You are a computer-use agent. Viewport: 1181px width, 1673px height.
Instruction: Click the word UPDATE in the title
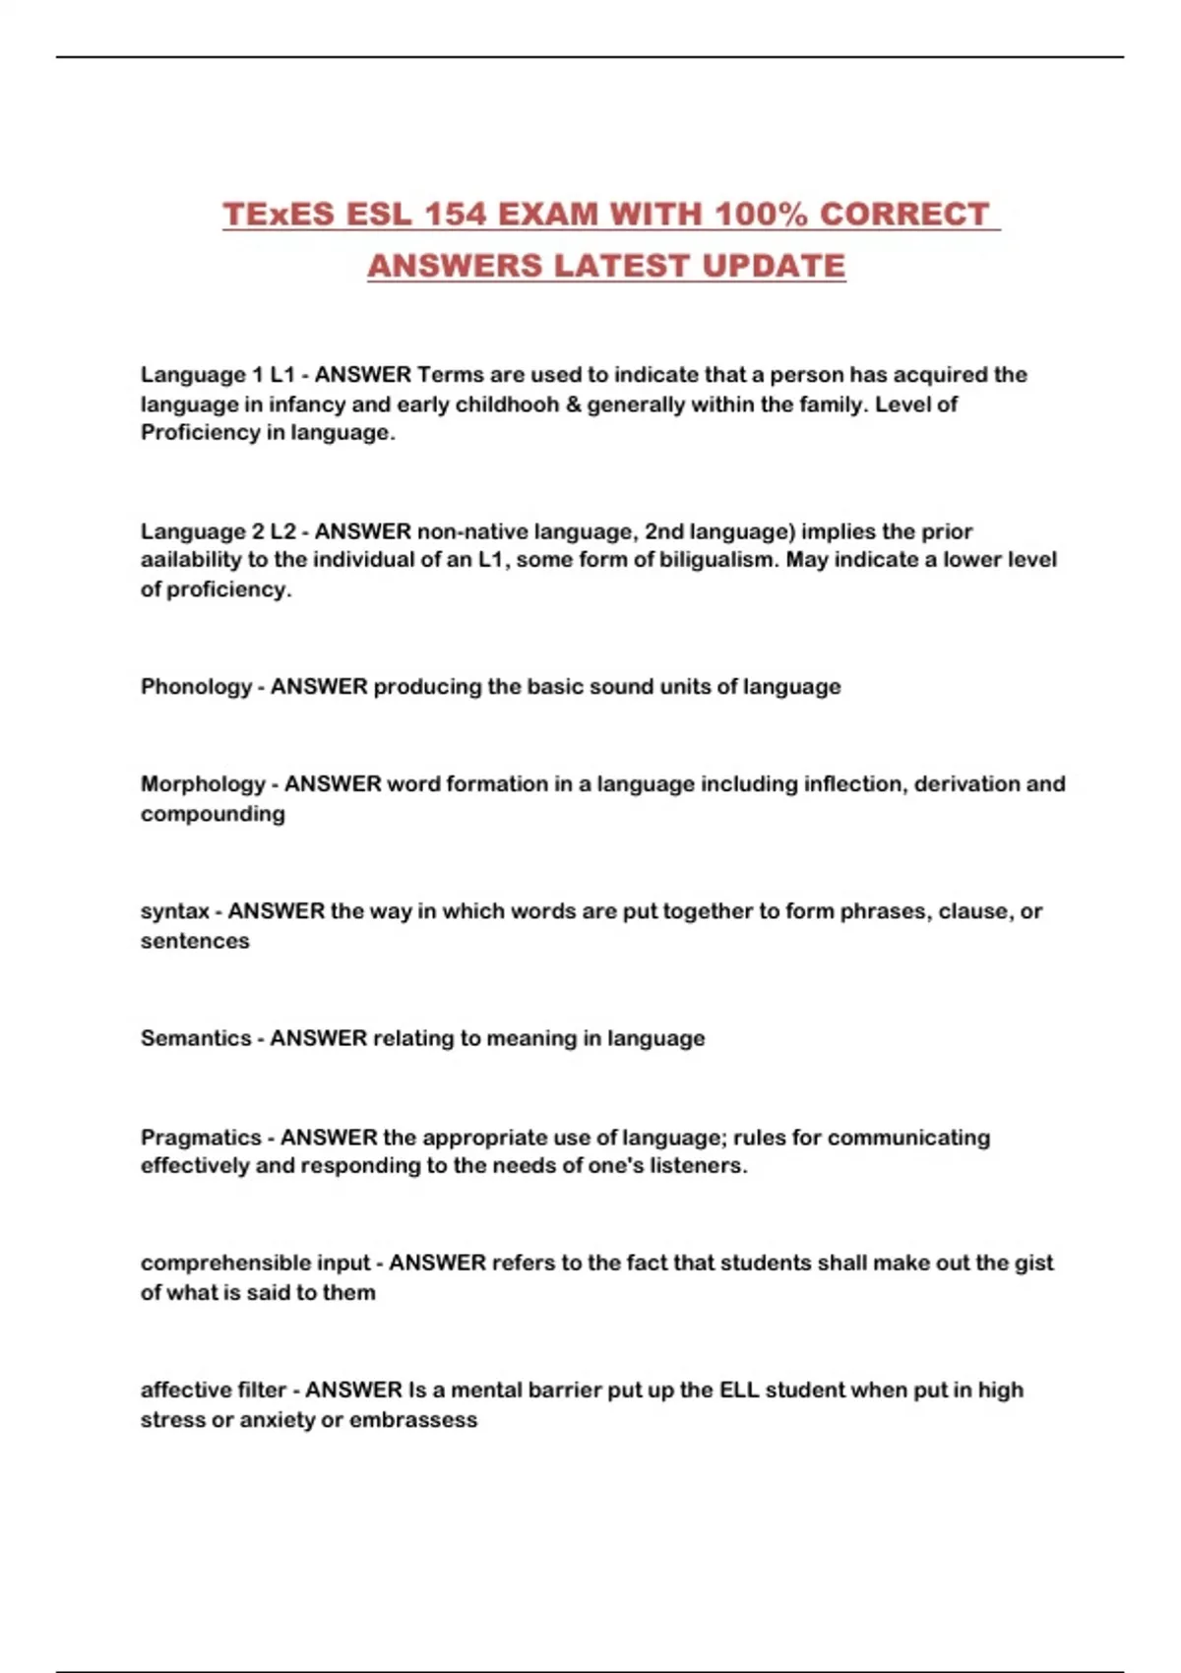[774, 266]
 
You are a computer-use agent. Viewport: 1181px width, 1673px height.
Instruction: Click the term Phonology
[197, 687]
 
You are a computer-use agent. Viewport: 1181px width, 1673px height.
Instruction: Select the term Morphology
[203, 784]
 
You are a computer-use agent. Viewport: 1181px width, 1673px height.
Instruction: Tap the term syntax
[174, 911]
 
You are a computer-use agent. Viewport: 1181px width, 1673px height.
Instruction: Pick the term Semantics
[196, 1038]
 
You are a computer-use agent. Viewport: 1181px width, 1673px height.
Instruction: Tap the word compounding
[213, 814]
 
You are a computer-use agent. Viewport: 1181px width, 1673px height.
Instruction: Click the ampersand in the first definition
[573, 404]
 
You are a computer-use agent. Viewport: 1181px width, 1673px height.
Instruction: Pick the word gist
[1033, 1263]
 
